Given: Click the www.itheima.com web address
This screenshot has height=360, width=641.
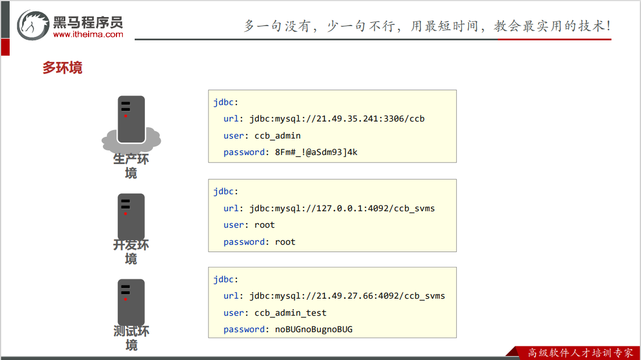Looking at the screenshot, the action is [x=88, y=35].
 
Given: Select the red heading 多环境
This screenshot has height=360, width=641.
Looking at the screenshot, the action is [x=63, y=68].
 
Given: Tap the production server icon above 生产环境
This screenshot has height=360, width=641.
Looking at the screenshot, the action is [x=131, y=119].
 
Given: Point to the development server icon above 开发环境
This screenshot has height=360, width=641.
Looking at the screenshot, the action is [x=131, y=216].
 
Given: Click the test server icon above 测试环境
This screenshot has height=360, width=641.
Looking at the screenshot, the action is [x=131, y=302].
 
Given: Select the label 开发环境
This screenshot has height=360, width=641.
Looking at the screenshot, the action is [x=131, y=252].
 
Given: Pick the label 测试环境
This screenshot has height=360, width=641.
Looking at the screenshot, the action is [x=131, y=338].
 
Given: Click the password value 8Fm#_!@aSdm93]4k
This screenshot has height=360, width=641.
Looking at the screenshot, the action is [x=316, y=152].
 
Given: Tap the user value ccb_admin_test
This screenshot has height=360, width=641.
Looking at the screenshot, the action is [x=290, y=313].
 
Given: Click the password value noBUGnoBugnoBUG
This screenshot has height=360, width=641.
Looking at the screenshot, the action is [x=314, y=329].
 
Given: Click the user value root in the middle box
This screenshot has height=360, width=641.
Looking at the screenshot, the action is [x=265, y=225].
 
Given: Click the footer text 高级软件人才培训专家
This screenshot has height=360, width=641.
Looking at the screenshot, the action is [x=580, y=353].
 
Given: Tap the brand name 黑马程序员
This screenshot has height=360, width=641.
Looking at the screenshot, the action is [x=88, y=22].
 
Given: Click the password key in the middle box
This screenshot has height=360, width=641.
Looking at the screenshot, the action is [x=244, y=242].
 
